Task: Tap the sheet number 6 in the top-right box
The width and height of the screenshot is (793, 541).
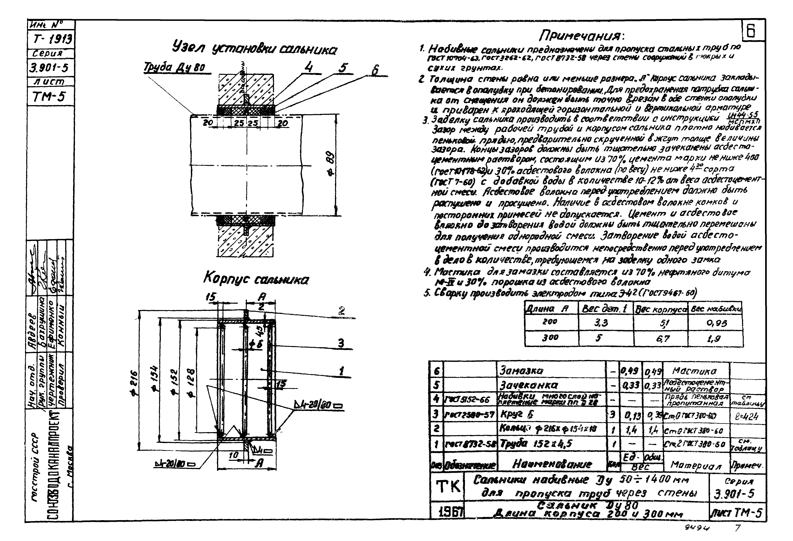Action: [753, 31]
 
